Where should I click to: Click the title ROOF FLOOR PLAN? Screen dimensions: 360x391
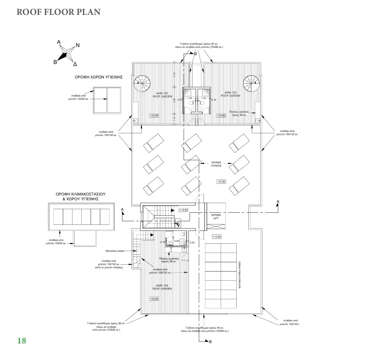pyautogui.click(x=58, y=11)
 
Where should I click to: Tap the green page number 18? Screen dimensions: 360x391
pyautogui.click(x=22, y=341)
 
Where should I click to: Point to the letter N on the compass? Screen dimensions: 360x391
pyautogui.click(x=78, y=45)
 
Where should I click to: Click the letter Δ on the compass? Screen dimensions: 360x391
pyautogui.click(x=75, y=64)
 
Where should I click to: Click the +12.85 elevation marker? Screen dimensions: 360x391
pyautogui.click(x=183, y=210)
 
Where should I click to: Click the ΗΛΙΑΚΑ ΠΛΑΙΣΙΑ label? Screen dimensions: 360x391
pyautogui.click(x=217, y=164)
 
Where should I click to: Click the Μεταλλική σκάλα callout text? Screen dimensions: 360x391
pyautogui.click(x=114, y=250)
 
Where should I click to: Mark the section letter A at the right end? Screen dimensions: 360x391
pyautogui.click(x=278, y=201)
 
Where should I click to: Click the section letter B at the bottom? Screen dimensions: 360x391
pyautogui.click(x=209, y=341)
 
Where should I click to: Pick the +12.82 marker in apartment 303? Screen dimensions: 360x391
pyautogui.click(x=154, y=298)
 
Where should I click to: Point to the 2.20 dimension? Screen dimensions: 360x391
pyautogui.click(x=176, y=241)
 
